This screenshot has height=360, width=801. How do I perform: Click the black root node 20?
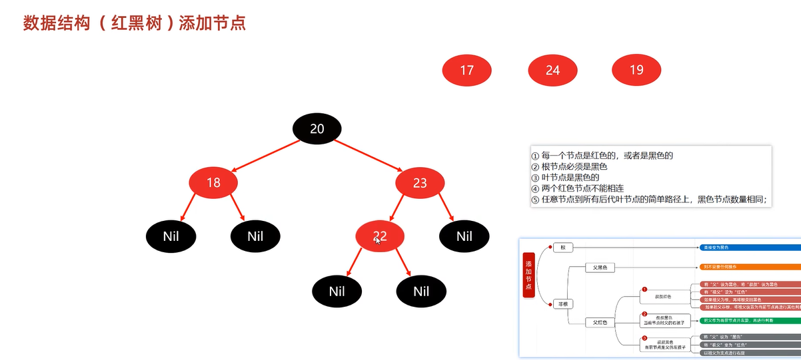(x=317, y=128)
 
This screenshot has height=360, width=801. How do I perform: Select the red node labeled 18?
(x=213, y=182)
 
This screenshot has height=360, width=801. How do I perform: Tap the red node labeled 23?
(x=420, y=182)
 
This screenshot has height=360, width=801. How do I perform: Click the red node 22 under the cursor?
(x=380, y=236)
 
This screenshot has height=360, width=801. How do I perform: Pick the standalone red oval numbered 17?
(x=466, y=70)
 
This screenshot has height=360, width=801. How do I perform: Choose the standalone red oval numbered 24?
(x=552, y=70)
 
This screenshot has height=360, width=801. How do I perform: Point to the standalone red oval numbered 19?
(x=636, y=70)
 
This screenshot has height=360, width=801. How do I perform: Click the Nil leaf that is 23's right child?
(x=464, y=236)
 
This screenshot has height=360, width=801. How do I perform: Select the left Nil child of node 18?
(x=171, y=236)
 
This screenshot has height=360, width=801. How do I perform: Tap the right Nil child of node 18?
(x=255, y=236)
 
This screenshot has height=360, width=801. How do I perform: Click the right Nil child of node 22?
(x=421, y=291)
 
